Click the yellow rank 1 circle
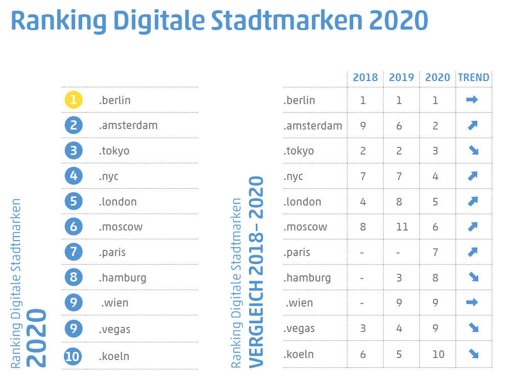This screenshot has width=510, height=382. (74, 100)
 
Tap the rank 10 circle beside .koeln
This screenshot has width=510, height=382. (74, 356)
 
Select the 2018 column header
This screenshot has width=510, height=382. (366, 78)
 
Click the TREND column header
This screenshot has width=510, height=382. (473, 78)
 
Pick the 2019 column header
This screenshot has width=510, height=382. (401, 78)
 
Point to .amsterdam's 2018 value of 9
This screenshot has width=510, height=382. (363, 125)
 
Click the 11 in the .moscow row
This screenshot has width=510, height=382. (402, 227)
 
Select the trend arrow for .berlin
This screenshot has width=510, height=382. (472, 100)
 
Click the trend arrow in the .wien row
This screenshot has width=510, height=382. (472, 302)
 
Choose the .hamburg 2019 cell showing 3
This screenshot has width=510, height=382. (399, 278)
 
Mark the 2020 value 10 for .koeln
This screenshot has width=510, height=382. (438, 354)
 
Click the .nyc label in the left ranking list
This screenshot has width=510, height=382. (109, 176)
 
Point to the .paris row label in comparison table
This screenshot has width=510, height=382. (297, 252)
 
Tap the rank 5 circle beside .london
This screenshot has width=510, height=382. (74, 201)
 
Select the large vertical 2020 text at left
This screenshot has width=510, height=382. (37, 338)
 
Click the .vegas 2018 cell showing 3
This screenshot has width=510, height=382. (363, 328)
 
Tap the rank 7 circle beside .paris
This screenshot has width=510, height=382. (74, 252)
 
